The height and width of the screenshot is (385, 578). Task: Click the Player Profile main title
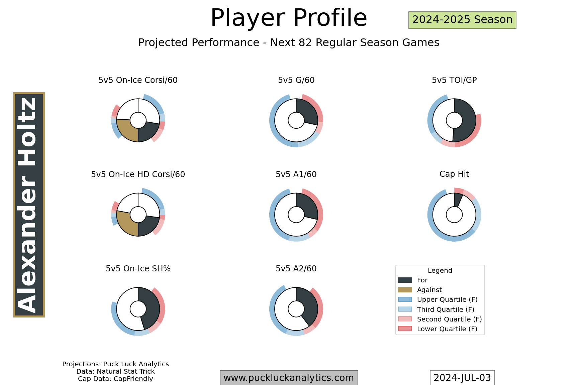289,18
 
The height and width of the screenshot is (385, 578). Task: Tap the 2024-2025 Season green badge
462,20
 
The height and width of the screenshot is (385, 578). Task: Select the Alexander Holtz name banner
29,205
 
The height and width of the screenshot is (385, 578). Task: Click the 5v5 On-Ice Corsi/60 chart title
138,80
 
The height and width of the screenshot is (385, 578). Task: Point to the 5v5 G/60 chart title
296,80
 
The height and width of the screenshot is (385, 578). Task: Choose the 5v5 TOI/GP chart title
454,80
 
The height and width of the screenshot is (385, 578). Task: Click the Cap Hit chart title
454,174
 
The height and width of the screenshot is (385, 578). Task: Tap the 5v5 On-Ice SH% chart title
138,269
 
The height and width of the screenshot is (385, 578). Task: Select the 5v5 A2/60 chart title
296,269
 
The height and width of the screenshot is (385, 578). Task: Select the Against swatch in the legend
405,290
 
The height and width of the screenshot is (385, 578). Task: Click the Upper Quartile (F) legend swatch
405,299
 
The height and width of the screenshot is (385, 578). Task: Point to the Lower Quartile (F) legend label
447,329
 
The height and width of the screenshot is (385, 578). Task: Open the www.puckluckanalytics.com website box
289,378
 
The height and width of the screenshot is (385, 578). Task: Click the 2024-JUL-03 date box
462,378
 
